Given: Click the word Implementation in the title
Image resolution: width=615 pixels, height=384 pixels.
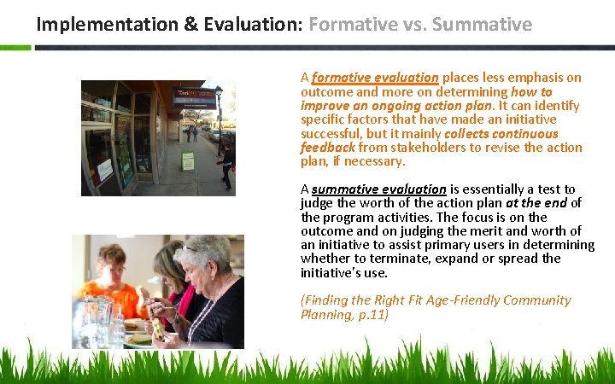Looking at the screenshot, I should coord(107,24).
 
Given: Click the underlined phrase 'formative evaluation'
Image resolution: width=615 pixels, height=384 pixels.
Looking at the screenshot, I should coord(375,78).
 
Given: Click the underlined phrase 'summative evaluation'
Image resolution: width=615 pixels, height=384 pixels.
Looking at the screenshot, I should coord(379,189).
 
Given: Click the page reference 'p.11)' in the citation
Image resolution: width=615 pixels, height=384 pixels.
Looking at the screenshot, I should coord(372,315).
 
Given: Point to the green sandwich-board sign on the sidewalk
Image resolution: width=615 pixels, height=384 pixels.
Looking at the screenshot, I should coord(187,160).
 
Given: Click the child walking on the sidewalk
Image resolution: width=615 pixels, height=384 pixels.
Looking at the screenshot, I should coord(225,164).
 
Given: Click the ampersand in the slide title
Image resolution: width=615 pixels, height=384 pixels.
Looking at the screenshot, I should coord(190,24).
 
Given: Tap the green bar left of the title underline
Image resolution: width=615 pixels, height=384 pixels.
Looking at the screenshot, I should coord(15,47).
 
